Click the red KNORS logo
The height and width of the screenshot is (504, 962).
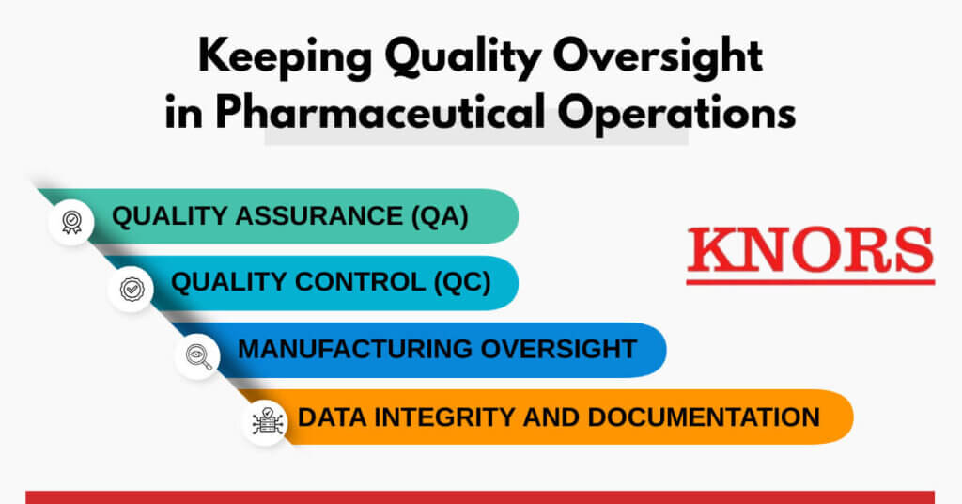[810, 249]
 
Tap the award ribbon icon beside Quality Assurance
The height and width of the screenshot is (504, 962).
[71, 223]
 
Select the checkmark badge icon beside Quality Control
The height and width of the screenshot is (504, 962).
[131, 289]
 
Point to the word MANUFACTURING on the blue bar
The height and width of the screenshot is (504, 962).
[354, 349]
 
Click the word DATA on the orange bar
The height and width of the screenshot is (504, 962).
[329, 417]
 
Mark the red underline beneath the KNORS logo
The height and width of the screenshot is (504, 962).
[810, 280]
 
